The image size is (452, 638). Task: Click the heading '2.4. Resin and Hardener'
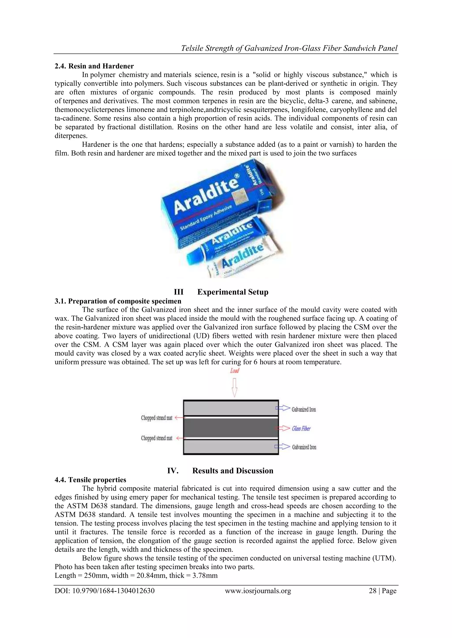coord(94,66)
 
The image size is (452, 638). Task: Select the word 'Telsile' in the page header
coord(192,48)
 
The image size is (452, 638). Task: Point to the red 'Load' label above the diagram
coord(234,370)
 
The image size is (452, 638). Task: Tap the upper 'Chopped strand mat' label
coord(156,418)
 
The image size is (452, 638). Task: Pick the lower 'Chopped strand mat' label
coord(156,438)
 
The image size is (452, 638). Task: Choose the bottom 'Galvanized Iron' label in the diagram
coord(304,447)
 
